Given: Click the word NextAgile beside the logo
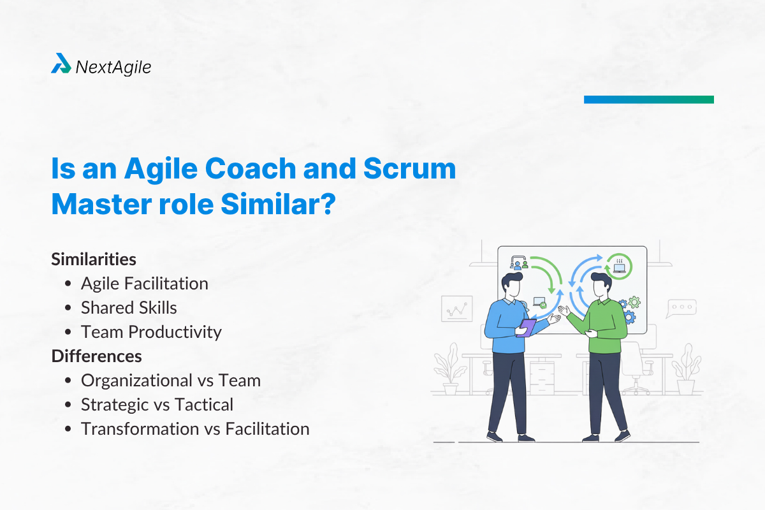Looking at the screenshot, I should pyautogui.click(x=113, y=66).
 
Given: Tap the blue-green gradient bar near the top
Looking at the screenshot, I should pyautogui.click(x=648, y=99).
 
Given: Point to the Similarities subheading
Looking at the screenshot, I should pyautogui.click(x=94, y=259).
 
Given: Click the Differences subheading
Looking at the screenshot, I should pyautogui.click(x=96, y=356).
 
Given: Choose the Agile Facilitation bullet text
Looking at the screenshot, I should pyautogui.click(x=144, y=284).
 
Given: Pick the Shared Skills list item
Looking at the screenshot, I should pyautogui.click(x=129, y=308).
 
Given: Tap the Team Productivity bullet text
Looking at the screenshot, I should pyautogui.click(x=151, y=332).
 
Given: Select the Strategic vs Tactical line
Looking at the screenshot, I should pyautogui.click(x=157, y=404).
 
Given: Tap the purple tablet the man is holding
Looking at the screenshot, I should pyautogui.click(x=527, y=327).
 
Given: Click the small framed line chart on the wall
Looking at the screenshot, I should pyautogui.click(x=456, y=309).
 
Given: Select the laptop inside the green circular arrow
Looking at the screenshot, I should pyautogui.click(x=619, y=266).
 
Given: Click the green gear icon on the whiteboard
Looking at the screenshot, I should pyautogui.click(x=634, y=302).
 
